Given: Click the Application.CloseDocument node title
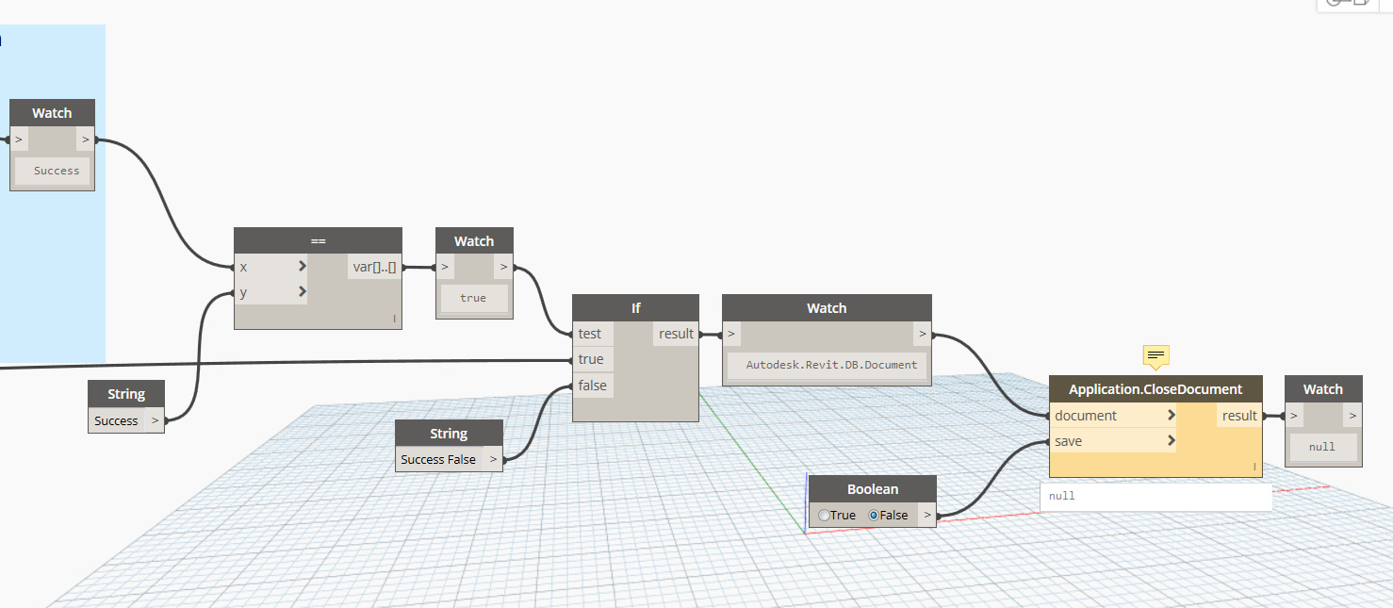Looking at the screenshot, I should coord(1155,389).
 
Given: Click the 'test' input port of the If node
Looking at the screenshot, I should coord(591,334).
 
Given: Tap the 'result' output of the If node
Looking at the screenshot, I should coord(676,334).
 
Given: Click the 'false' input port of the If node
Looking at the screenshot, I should coord(593,386).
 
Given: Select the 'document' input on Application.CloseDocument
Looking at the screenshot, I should coord(1087,416).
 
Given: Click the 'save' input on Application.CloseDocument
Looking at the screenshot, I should coord(1069,441).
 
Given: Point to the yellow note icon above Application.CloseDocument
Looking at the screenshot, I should coord(1156,355).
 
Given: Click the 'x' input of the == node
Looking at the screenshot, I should coord(244,267).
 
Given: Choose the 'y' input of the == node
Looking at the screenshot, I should coord(244,292).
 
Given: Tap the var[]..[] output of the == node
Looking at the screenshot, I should coord(374,267).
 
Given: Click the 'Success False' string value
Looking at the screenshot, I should coord(438,459).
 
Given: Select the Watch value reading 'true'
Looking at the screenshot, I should coord(473,298).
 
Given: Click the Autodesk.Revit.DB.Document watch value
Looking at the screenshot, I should coord(827,365).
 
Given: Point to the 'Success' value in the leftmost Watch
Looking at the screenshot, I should coord(57,171).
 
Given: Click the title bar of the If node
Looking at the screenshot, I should coord(635,308).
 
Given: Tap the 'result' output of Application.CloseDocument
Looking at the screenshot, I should coord(1238,416).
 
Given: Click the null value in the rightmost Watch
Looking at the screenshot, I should coord(1322,447).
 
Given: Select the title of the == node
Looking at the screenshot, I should coord(318,241).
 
